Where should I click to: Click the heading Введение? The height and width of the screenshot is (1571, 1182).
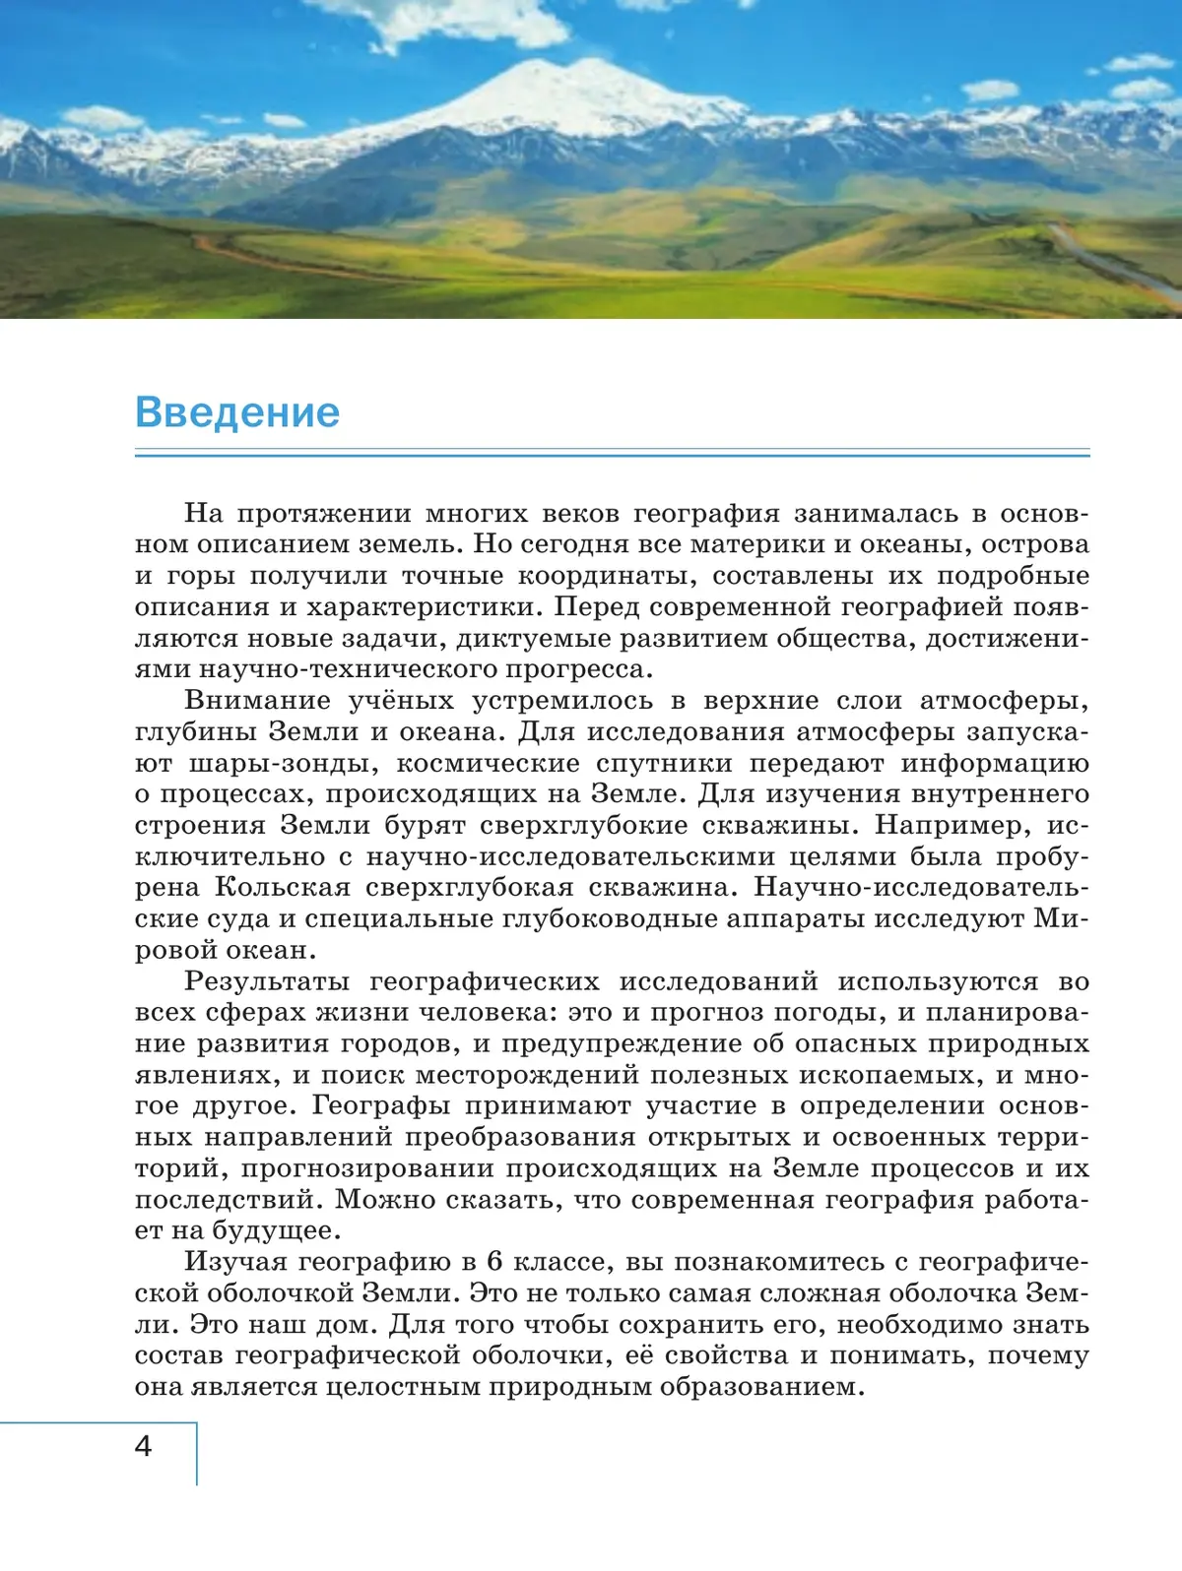click(x=236, y=411)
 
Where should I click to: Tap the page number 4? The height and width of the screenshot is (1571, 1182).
click(x=144, y=1446)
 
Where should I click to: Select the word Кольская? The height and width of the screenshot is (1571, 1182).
click(x=283, y=887)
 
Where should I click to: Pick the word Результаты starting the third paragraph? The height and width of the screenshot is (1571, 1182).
click(x=266, y=981)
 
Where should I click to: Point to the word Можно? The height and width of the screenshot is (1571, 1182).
click(x=384, y=1199)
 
